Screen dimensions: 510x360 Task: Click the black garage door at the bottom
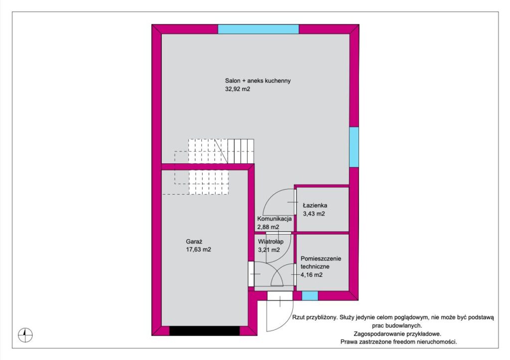(x=205, y=331)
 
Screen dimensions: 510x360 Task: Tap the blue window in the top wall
(x=258, y=29)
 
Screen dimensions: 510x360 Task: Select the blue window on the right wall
(x=354, y=147)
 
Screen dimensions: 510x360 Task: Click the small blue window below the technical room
(x=310, y=296)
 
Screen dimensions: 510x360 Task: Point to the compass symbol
(x=25, y=335)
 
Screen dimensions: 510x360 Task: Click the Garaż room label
(x=194, y=241)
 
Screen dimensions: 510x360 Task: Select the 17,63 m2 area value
(x=198, y=250)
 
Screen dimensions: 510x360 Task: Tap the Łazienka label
(x=315, y=205)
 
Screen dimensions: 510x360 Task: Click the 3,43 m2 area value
(x=314, y=214)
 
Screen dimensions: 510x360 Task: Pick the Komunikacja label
(x=274, y=219)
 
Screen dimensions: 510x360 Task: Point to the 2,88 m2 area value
(x=268, y=228)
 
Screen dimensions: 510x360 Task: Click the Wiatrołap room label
(x=270, y=241)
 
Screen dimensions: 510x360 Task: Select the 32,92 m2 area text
(x=238, y=89)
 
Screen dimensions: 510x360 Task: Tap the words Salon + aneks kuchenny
(x=258, y=81)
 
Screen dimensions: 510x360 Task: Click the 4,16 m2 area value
(x=312, y=275)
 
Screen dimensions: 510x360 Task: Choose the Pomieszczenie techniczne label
(x=321, y=262)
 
